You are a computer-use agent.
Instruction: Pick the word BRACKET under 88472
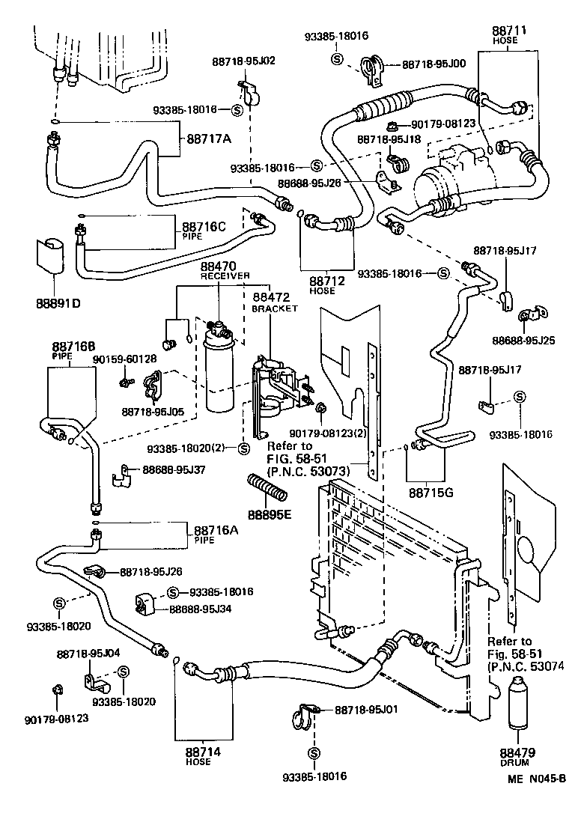tap(275, 308)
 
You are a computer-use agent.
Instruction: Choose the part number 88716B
tap(73, 347)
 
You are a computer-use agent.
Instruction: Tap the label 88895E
tap(269, 515)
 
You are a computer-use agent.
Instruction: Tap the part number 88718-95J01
tap(365, 708)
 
